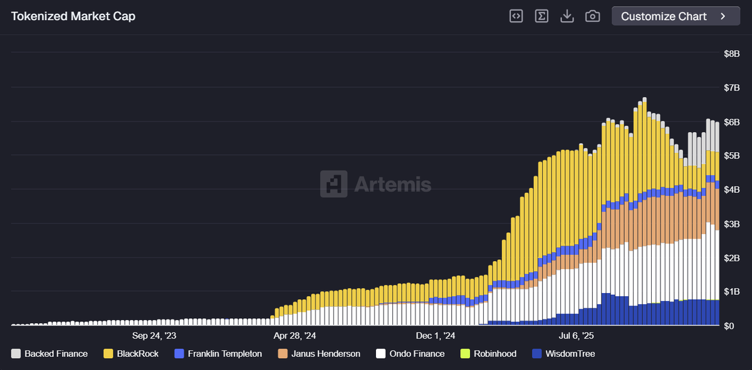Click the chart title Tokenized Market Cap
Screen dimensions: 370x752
[x=73, y=16]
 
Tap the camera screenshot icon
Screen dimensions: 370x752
[x=592, y=16]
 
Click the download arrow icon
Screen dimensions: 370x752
[x=567, y=16]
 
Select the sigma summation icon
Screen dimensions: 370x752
[x=541, y=16]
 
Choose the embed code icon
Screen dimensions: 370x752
[x=516, y=16]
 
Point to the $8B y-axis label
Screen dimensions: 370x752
[x=731, y=54]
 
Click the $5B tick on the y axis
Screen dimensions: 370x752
[x=731, y=155]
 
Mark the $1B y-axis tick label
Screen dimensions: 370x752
[x=731, y=292]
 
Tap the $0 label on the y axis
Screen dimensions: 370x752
[x=729, y=326]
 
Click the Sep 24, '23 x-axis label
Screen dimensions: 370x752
[x=154, y=336]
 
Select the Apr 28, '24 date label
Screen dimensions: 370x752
[x=295, y=336]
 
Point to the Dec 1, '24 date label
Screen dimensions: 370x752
[x=435, y=336]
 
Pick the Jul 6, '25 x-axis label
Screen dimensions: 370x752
[x=576, y=336]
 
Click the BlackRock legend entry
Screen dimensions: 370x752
[x=131, y=354]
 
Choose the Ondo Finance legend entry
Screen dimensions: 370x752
[x=410, y=354]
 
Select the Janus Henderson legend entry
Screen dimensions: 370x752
[x=319, y=354]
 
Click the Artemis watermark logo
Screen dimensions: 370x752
[x=375, y=184]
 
